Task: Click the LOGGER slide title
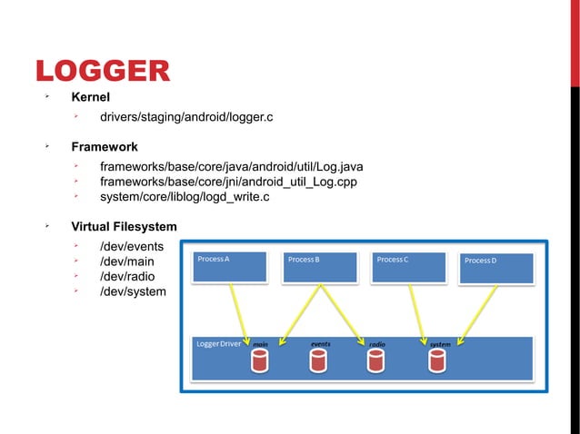[x=102, y=72]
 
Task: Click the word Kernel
[x=91, y=97]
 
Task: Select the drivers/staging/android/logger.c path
[x=186, y=118]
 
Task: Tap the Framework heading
[x=105, y=146]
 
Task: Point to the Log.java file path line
[x=232, y=167]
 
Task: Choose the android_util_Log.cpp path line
[x=228, y=182]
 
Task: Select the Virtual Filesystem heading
[x=125, y=226]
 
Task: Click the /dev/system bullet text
[x=133, y=291]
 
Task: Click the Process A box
[x=230, y=267]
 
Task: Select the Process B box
[x=319, y=267]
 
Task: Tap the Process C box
[x=409, y=267]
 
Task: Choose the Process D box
[x=496, y=268]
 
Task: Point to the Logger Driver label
[x=218, y=344]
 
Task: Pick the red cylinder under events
[x=317, y=361]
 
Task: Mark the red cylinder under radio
[x=376, y=361]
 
